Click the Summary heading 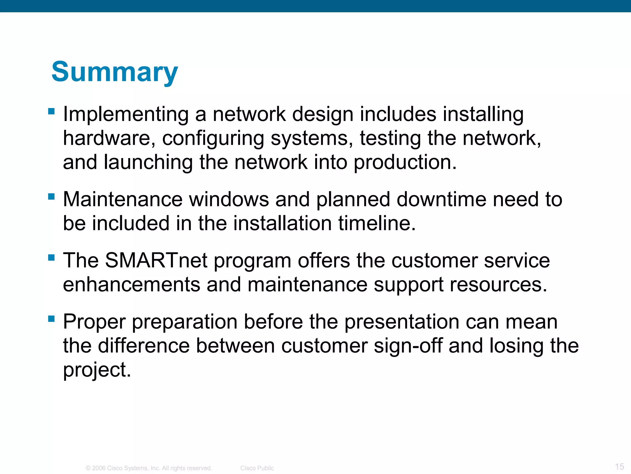115,72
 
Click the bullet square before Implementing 51,111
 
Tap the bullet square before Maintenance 51,196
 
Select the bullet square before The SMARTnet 51,257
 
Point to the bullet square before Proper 51,318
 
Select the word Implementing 126,114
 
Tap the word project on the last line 97,370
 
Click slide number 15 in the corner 619,466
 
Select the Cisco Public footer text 257,468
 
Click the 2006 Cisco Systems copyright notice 149,468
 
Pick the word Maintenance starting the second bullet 123,199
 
